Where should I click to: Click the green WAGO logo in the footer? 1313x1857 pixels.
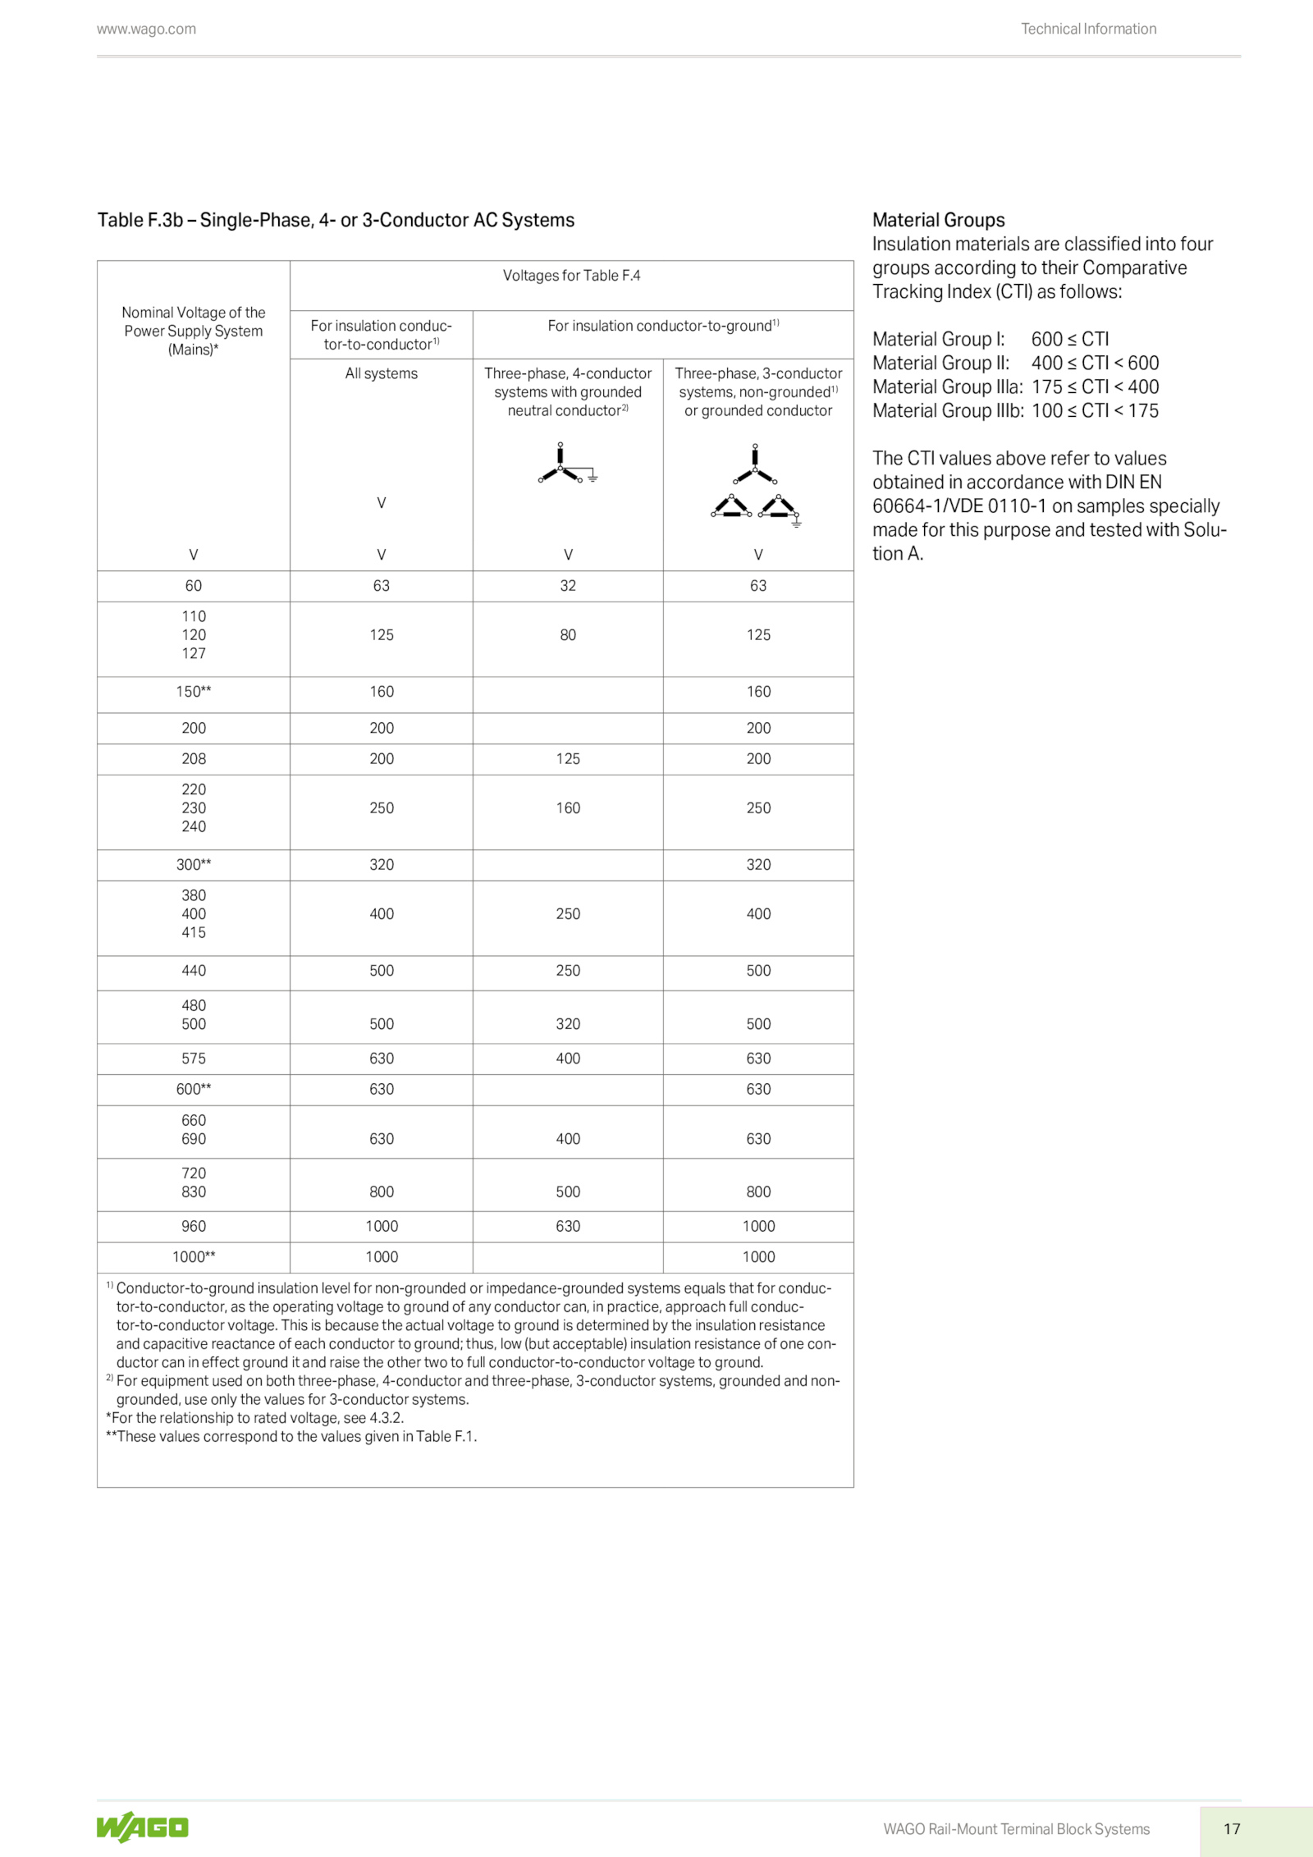[142, 1827]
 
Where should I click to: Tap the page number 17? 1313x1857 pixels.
[1231, 1828]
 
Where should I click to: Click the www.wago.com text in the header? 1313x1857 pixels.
[146, 30]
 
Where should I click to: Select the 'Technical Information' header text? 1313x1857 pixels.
[1088, 30]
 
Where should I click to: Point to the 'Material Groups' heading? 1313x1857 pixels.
[938, 220]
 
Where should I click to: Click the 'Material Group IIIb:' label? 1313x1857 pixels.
[948, 410]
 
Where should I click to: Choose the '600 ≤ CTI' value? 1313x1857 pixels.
[1069, 339]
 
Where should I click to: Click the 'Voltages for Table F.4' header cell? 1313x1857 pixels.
[571, 276]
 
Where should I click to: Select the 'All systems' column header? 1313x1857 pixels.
[381, 373]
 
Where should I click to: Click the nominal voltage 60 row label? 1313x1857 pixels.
[194, 586]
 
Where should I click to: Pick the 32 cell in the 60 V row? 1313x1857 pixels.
[568, 586]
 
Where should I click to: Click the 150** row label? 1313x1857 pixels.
[194, 692]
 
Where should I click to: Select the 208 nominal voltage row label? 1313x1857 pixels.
[194, 759]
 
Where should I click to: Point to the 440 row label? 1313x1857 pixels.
[194, 971]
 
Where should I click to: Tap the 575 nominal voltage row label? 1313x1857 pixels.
[194, 1059]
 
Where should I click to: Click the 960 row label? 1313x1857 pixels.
[194, 1226]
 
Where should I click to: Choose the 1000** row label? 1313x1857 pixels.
[194, 1257]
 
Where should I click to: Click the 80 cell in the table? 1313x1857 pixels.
[568, 635]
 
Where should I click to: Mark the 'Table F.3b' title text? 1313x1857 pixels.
[336, 220]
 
